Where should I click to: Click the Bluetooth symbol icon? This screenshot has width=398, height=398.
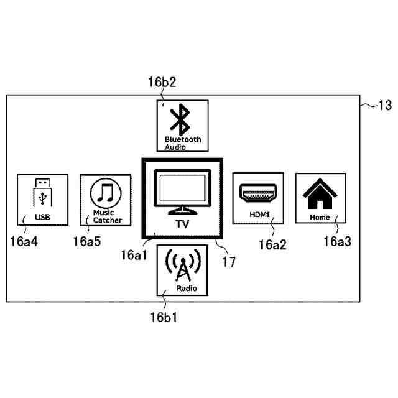[182, 119]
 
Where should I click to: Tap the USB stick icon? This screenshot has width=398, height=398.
[42, 194]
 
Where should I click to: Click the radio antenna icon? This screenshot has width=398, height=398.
[182, 267]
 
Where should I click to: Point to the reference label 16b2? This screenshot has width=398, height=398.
[162, 81]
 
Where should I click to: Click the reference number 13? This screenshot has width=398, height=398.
[385, 106]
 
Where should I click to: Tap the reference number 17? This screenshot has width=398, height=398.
[229, 262]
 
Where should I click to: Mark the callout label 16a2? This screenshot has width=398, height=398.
[273, 244]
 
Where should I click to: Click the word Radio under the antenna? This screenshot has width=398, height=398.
[182, 289]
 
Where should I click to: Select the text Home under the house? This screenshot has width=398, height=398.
[320, 218]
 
